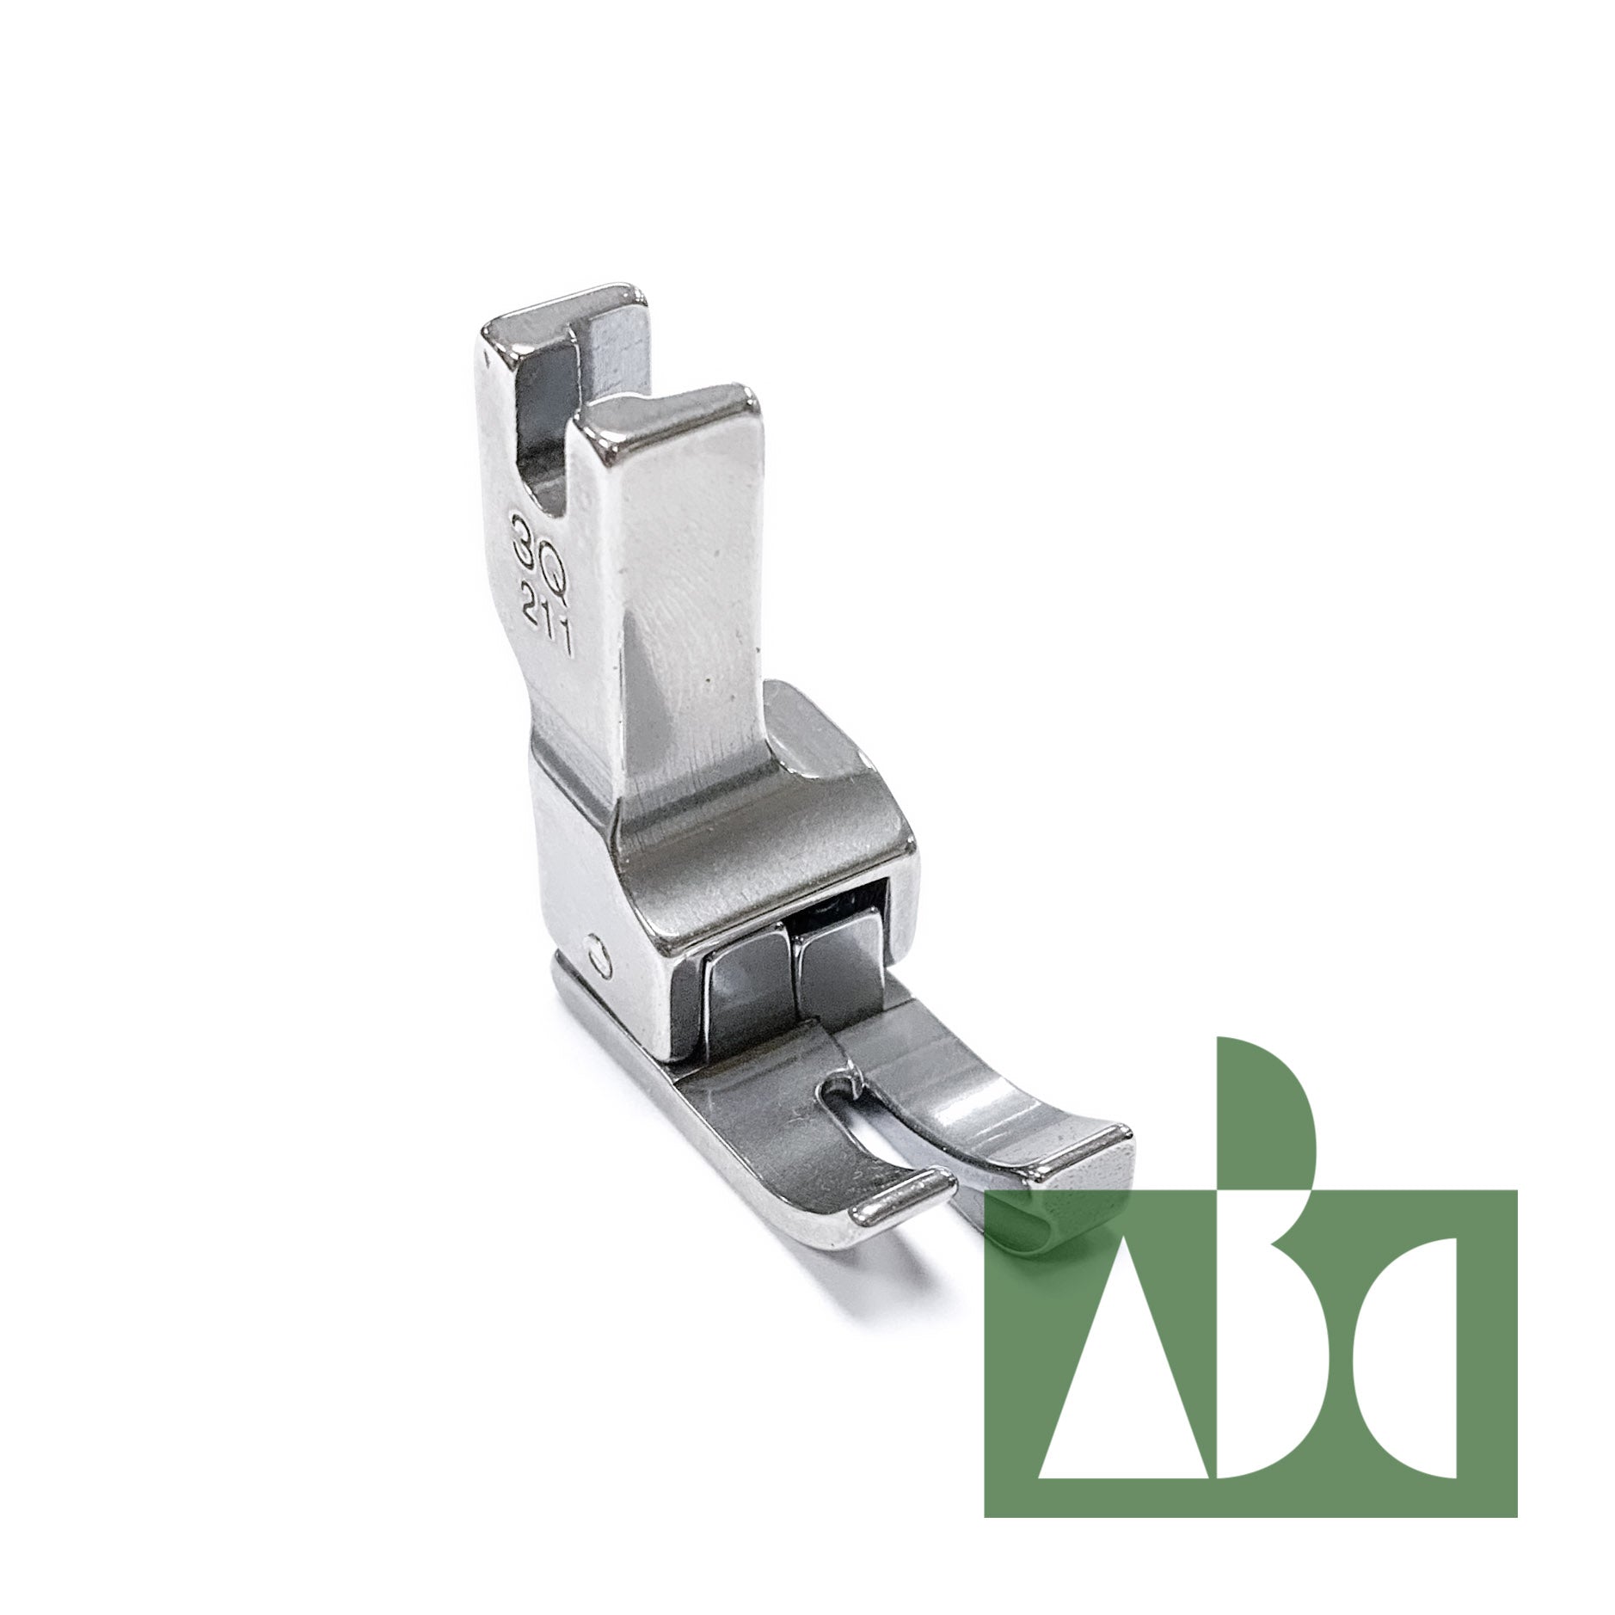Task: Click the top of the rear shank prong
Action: click(x=563, y=314)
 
